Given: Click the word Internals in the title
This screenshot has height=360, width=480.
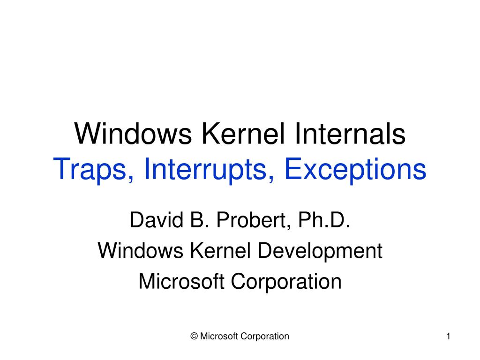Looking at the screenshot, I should (x=351, y=135).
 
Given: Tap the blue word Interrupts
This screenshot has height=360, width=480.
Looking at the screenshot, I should (x=206, y=171).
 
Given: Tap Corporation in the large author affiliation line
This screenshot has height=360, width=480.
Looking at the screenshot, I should (x=287, y=282).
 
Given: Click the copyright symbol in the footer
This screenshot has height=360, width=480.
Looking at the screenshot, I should (x=194, y=336).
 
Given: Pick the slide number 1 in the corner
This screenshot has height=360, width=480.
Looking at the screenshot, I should (x=449, y=336).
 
